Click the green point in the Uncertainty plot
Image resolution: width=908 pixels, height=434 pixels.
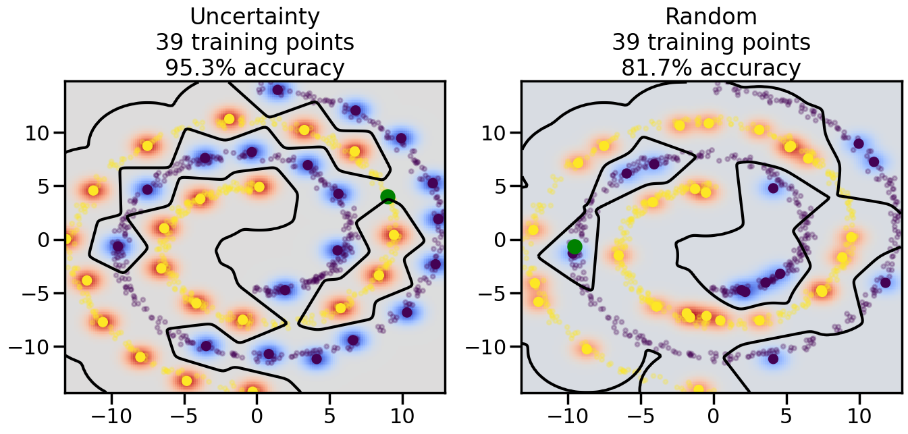coord(388,196)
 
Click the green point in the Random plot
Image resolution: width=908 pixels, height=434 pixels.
coord(575,246)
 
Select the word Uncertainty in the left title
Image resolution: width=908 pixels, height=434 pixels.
coord(255,16)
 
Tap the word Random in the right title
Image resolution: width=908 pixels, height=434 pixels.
coord(711,16)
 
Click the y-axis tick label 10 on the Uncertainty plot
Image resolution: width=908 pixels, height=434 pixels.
coord(38,132)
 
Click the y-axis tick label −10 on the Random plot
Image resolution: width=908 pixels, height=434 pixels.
coord(487,347)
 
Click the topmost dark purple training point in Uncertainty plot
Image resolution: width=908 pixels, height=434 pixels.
coord(277,90)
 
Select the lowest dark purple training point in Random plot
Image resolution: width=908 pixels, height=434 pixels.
coord(773,358)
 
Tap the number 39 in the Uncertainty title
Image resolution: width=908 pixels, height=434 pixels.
coord(169,43)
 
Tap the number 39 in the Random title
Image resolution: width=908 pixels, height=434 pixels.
coord(626,43)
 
